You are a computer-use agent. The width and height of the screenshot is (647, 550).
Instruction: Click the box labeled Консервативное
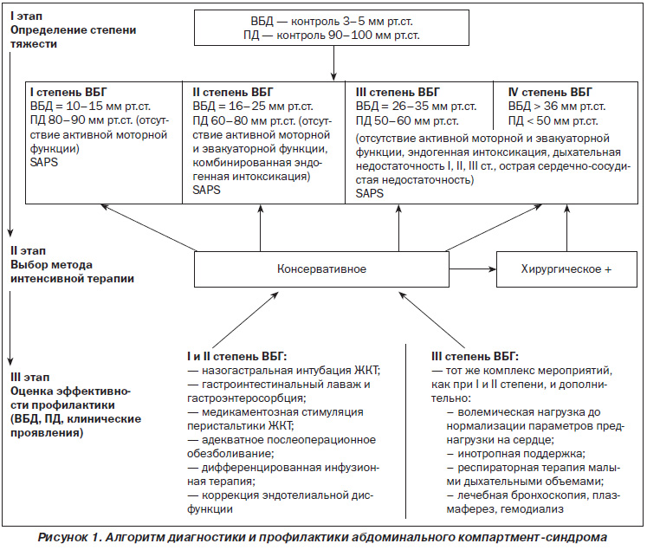coord(321,269)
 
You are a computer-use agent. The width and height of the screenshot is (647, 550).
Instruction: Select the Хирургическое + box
coord(566,269)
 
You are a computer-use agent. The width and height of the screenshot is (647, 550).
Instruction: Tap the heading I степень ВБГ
coord(68,92)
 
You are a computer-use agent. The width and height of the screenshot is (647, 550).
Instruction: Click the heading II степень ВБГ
coord(233,92)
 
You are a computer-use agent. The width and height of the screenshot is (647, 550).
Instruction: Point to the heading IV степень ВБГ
coord(550,92)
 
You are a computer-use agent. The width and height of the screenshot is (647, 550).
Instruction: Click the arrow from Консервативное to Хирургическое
coord(473,269)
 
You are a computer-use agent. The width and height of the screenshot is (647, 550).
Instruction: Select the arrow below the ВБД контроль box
coord(333,62)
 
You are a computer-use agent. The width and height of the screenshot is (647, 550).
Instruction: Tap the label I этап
coord(26,16)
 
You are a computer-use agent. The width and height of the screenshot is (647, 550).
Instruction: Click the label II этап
coord(28,251)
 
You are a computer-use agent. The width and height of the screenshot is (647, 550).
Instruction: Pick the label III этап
coord(29,377)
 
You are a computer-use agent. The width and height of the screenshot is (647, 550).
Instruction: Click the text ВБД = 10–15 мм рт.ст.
coord(90,106)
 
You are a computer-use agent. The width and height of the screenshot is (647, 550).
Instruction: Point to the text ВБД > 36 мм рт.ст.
coord(557,106)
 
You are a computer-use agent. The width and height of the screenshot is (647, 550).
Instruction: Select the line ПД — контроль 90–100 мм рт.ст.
coord(332,35)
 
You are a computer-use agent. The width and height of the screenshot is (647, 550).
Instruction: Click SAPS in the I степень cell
coord(43,162)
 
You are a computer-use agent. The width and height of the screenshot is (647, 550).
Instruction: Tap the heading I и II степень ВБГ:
coord(236,356)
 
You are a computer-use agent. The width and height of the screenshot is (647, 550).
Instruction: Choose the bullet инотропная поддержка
coord(516,454)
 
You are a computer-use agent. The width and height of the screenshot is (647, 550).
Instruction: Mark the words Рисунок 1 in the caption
coord(69,537)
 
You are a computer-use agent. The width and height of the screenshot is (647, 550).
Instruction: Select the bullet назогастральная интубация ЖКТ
coord(284,370)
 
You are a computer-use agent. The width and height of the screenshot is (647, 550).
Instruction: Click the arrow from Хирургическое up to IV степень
coord(567,228)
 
